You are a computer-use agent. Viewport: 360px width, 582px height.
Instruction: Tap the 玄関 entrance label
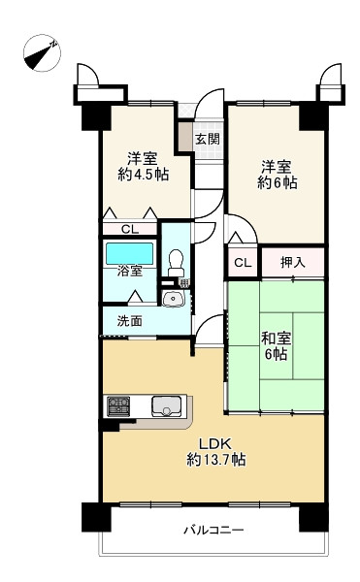coord(207,139)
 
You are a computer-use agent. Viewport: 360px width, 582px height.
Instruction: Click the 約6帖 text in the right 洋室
coord(277,182)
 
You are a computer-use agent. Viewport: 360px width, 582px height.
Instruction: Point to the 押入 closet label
coord(292,262)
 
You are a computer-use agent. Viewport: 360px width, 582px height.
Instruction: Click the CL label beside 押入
coord(243,263)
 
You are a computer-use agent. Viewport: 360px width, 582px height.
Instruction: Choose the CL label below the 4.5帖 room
coord(129,229)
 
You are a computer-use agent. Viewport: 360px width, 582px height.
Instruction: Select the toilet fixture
coord(176,262)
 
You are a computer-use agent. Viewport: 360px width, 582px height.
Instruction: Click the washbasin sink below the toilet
coord(174,299)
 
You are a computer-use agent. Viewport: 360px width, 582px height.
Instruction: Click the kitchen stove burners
coord(118,404)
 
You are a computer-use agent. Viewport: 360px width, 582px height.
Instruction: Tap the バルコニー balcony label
coord(213,531)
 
